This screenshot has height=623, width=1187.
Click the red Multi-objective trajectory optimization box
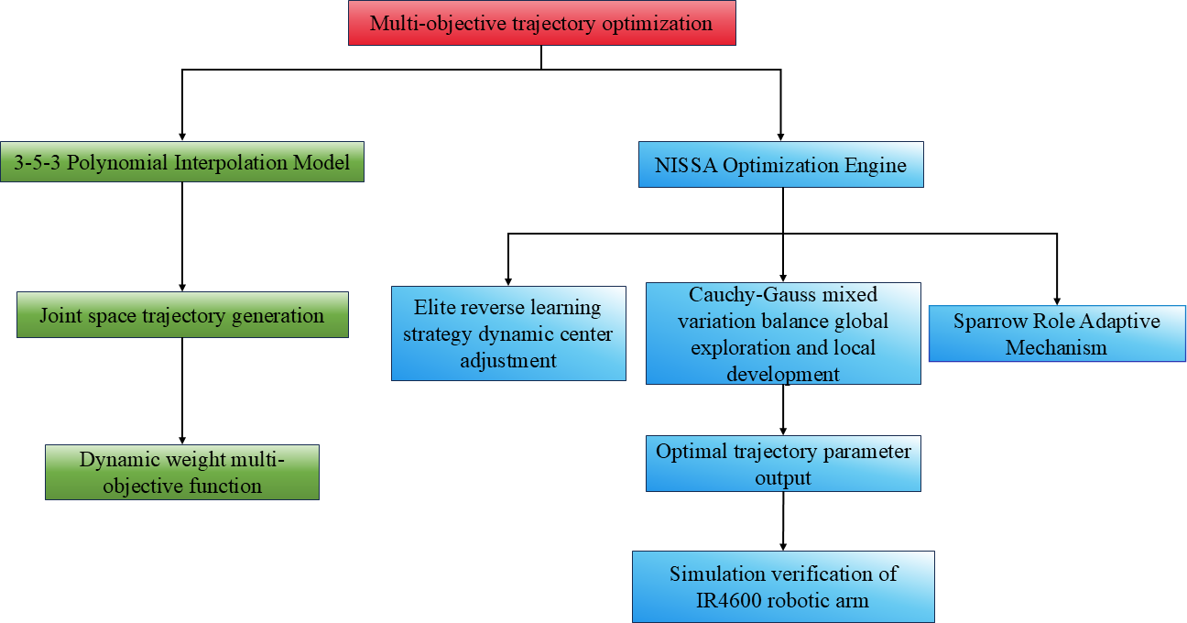click(x=541, y=23)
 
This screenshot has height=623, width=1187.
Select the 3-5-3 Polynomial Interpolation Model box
click(x=182, y=162)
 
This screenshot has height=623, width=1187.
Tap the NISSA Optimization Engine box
click(x=780, y=165)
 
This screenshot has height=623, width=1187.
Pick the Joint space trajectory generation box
click(x=182, y=315)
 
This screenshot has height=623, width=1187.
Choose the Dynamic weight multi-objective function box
click(x=182, y=472)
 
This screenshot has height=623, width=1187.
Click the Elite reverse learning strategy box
click(x=508, y=333)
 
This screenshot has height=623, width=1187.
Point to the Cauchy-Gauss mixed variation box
click(x=783, y=333)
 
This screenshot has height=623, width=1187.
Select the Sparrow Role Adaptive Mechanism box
click(x=1057, y=333)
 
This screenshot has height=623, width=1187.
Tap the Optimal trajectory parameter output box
click(x=783, y=465)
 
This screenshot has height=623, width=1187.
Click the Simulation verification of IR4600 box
click(x=783, y=586)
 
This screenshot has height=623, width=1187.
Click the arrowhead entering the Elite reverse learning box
click(x=508, y=280)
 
